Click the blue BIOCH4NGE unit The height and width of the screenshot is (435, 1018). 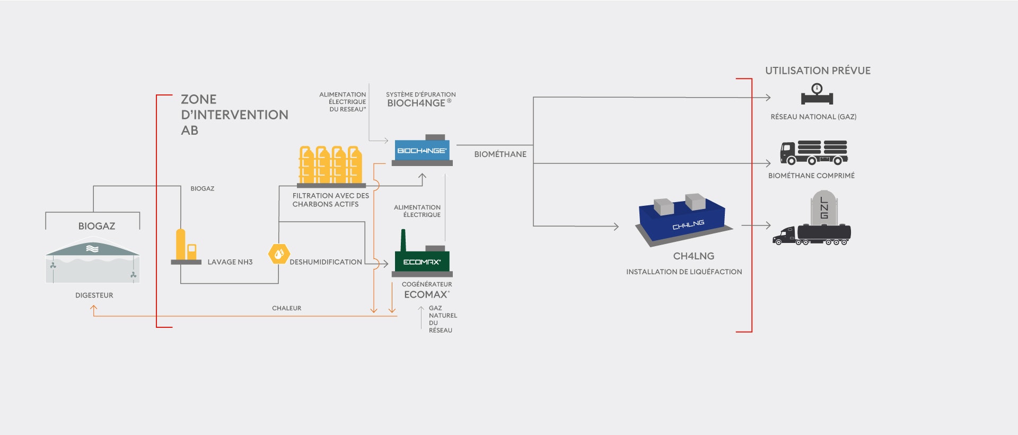coord(422,150)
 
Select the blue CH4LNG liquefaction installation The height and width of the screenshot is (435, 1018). coord(684,220)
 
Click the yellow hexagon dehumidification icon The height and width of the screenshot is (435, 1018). coord(279,254)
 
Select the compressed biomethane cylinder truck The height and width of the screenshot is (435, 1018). coord(814,153)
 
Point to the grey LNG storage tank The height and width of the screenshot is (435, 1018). coord(824,207)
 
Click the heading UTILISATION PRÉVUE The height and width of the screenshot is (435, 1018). coord(818,71)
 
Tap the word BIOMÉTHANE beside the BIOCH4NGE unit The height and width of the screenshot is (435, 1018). coord(500,154)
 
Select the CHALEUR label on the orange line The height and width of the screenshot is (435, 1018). coord(286,308)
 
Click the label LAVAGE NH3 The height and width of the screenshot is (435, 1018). coord(230,262)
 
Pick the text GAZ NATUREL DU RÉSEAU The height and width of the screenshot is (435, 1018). coord(443,319)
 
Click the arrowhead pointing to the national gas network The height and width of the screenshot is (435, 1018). coord(768,98)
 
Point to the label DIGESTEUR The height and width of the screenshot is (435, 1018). coord(94,295)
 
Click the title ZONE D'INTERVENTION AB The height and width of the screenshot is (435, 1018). coord(234,115)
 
